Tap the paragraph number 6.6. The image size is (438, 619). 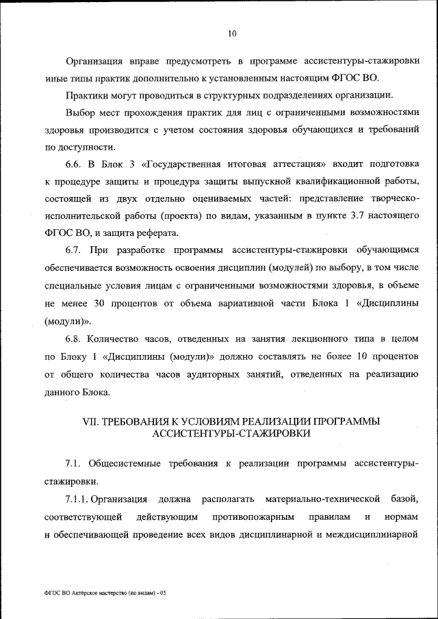point(74,163)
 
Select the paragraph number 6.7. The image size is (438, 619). point(74,250)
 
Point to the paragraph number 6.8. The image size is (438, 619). point(74,339)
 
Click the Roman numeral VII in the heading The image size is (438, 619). point(90,421)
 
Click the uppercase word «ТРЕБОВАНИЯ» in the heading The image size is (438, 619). point(133,421)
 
